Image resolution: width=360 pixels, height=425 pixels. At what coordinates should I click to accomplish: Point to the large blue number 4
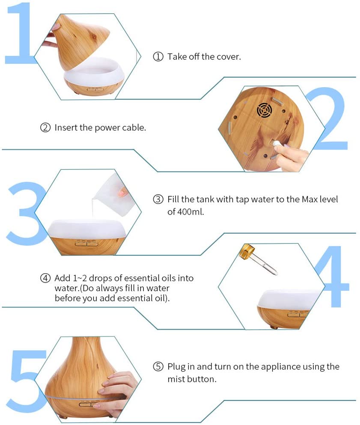coord(332,277)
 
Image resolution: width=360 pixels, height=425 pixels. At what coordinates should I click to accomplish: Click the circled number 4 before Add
coord(45,278)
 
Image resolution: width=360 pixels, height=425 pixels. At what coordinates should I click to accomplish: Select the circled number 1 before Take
coord(158,56)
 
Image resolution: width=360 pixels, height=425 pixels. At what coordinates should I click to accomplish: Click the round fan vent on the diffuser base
coord(264,111)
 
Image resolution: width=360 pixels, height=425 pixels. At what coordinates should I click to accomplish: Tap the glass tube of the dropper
coord(265,265)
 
